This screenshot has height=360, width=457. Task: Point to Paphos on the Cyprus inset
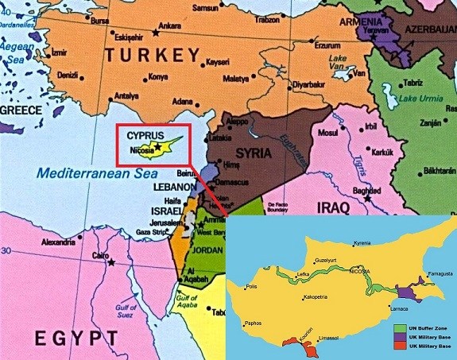(x=253, y=323)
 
